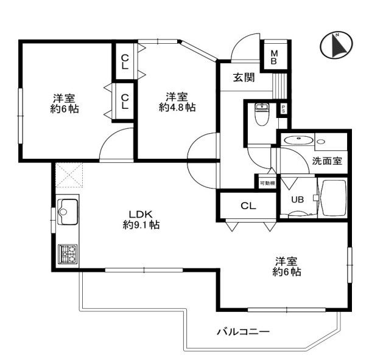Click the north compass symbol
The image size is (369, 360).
tap(337, 45)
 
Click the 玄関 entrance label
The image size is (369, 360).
tap(244, 77)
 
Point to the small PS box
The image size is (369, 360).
tap(283, 109)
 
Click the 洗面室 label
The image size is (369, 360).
tap(327, 161)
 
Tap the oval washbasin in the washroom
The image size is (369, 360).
tap(298, 140)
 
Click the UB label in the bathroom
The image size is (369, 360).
tap(298, 199)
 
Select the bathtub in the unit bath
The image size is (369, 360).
tap(332, 198)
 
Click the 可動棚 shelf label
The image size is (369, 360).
tap(267, 183)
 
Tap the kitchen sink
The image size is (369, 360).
tap(68, 212)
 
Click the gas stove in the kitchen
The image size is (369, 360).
tap(68, 254)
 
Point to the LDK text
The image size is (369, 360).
tap(141, 214)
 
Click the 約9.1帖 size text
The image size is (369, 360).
tap(141, 225)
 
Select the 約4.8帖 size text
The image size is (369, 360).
tap(177, 108)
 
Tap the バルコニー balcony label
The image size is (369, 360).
tap(244, 332)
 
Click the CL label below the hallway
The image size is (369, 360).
tap(248, 206)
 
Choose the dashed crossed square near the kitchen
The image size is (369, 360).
tap(69, 176)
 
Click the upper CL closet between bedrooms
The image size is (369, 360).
tap(125, 61)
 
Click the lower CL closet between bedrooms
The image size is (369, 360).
tap(125, 102)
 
